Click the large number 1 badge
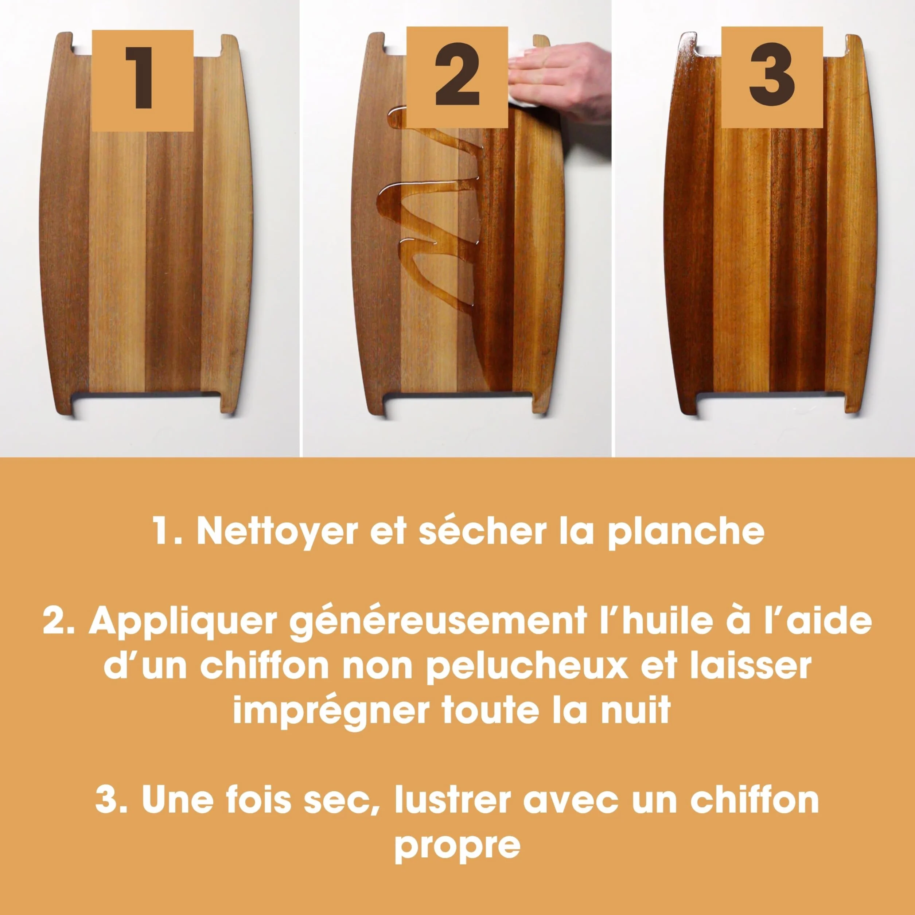tap(143, 81)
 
